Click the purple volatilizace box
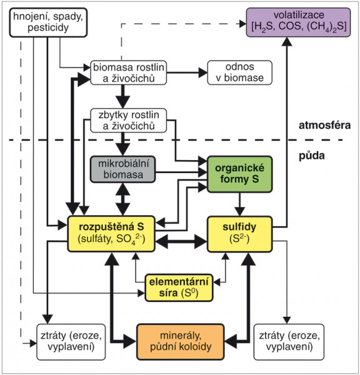tap(298, 22)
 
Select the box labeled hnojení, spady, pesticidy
tap(48, 22)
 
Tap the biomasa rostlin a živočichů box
tap(129, 72)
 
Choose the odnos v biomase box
tap(239, 72)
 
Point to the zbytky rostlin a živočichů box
tap(129, 121)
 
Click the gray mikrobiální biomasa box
tap(123, 169)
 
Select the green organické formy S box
tap(239, 174)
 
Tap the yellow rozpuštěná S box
tap(111, 234)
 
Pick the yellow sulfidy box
tap(239, 234)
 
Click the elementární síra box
tap(179, 287)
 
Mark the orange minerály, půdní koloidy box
tap(181, 342)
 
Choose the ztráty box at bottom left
tap(71, 342)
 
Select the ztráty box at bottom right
tap(289, 342)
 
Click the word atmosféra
tap(324, 125)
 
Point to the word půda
tap(312, 156)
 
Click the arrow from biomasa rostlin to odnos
tap(187, 72)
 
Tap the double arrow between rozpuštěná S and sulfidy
tap(181, 241)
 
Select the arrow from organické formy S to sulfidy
tap(239, 204)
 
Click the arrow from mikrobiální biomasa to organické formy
tap(181, 172)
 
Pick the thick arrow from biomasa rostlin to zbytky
tap(123, 97)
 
